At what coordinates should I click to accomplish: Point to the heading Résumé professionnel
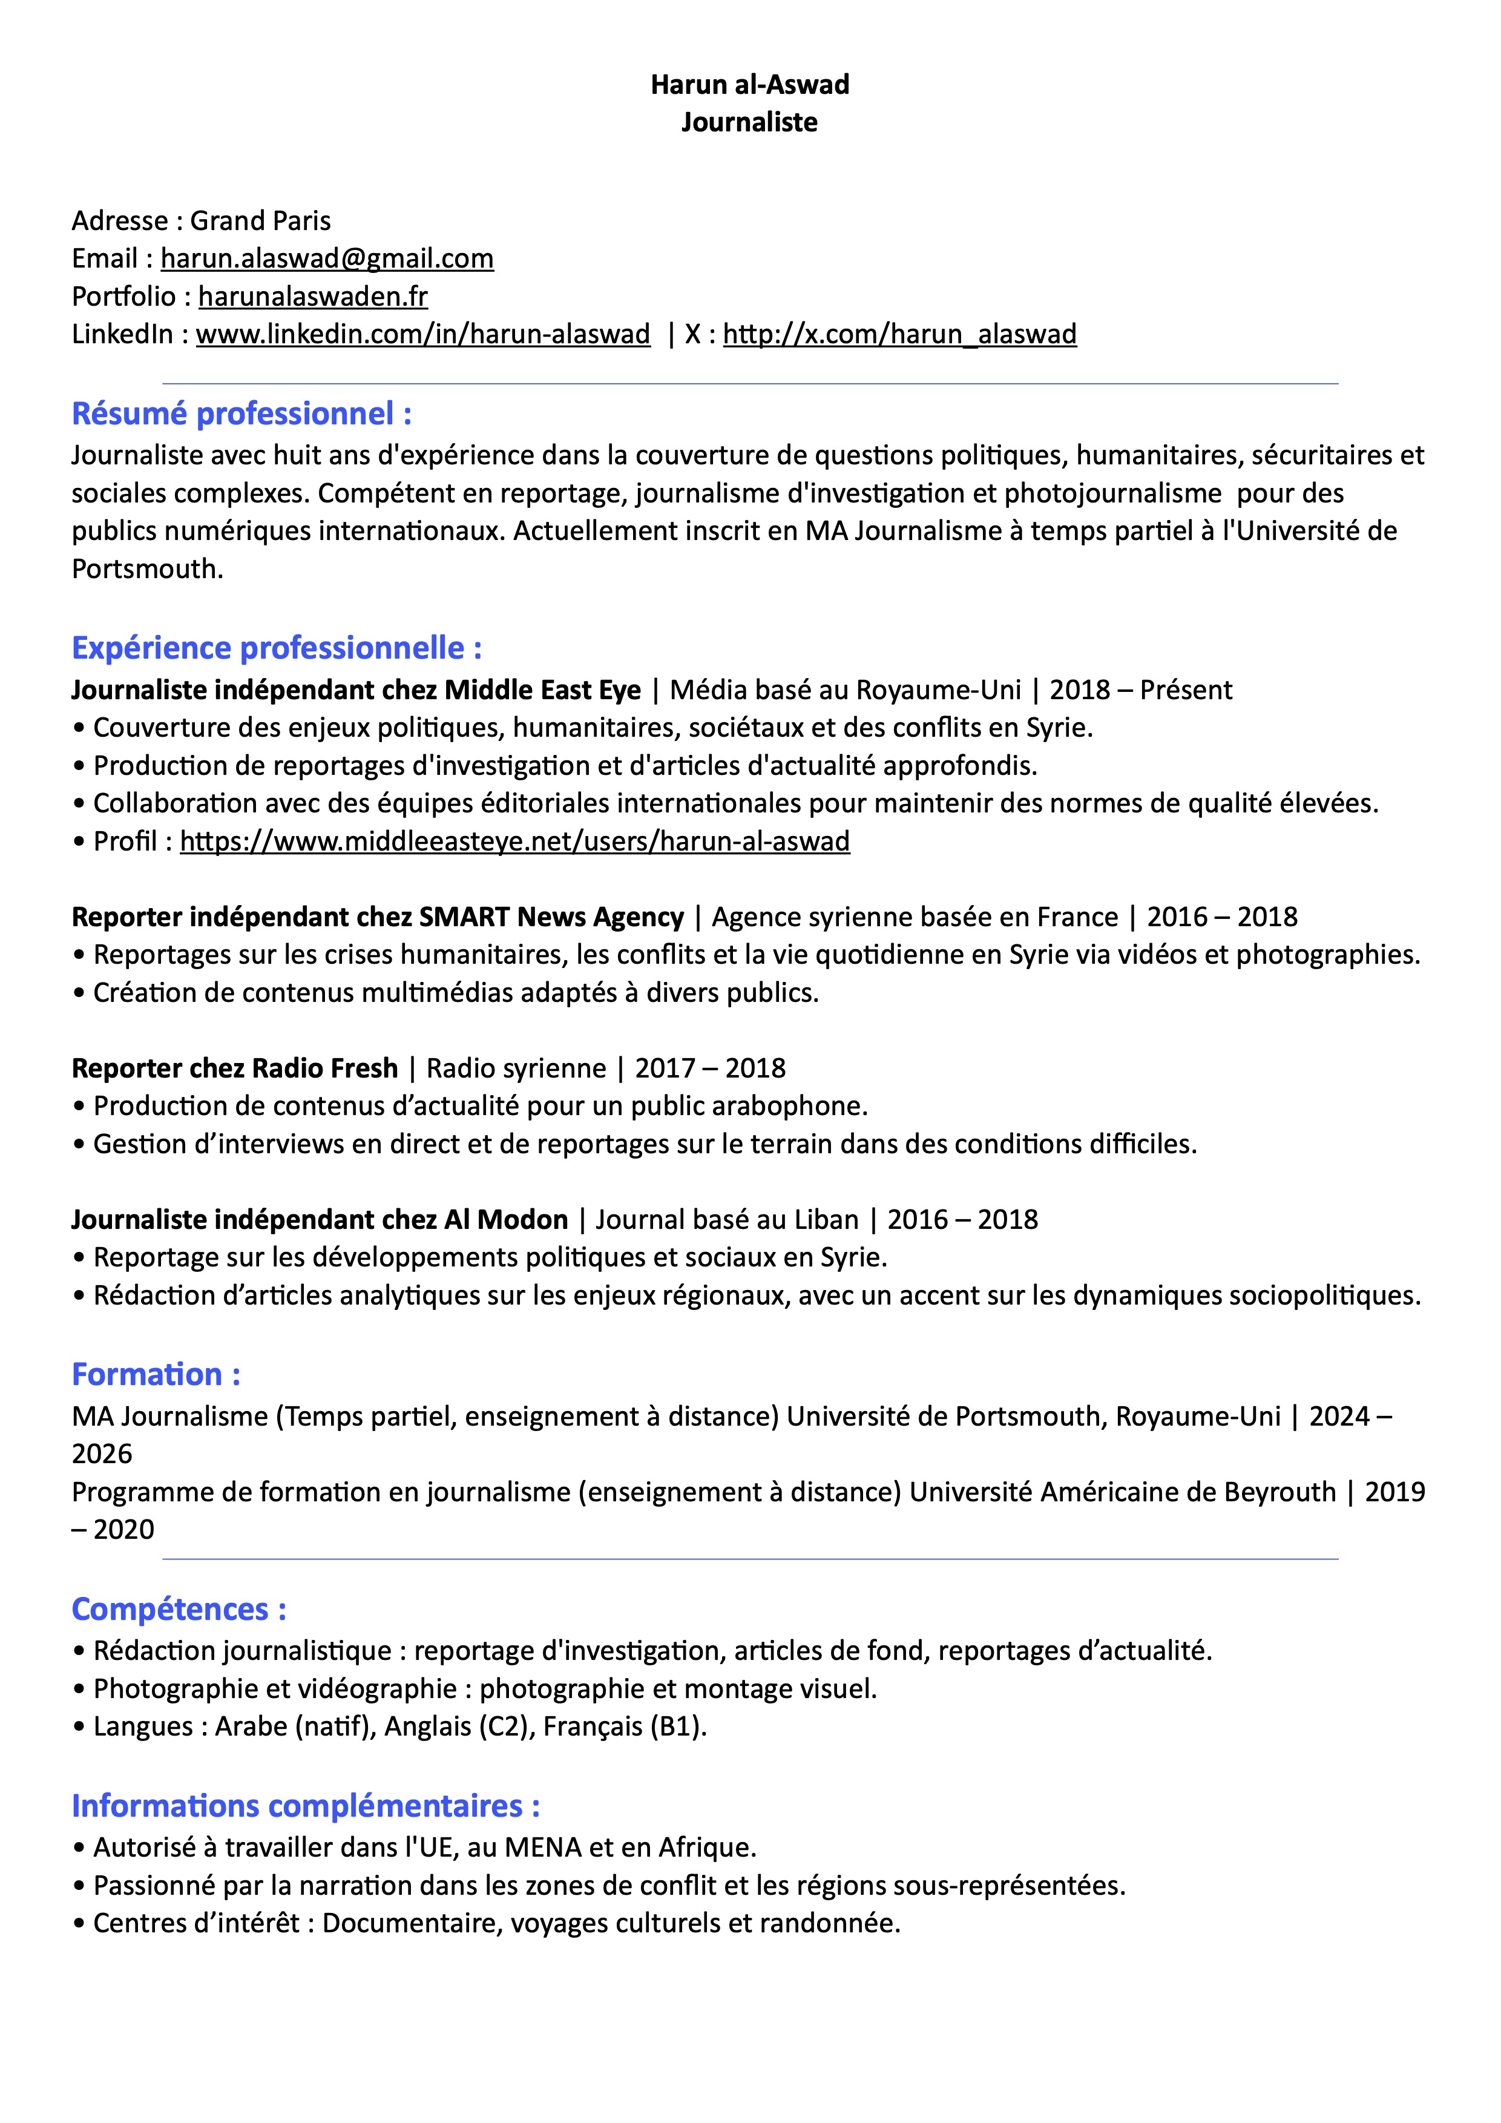click(241, 413)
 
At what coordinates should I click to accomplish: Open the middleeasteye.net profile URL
click(515, 841)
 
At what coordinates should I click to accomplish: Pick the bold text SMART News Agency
click(552, 917)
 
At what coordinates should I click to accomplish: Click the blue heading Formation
click(156, 1374)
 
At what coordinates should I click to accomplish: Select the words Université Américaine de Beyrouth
click(1122, 1492)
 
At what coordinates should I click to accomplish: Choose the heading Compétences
click(179, 1609)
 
